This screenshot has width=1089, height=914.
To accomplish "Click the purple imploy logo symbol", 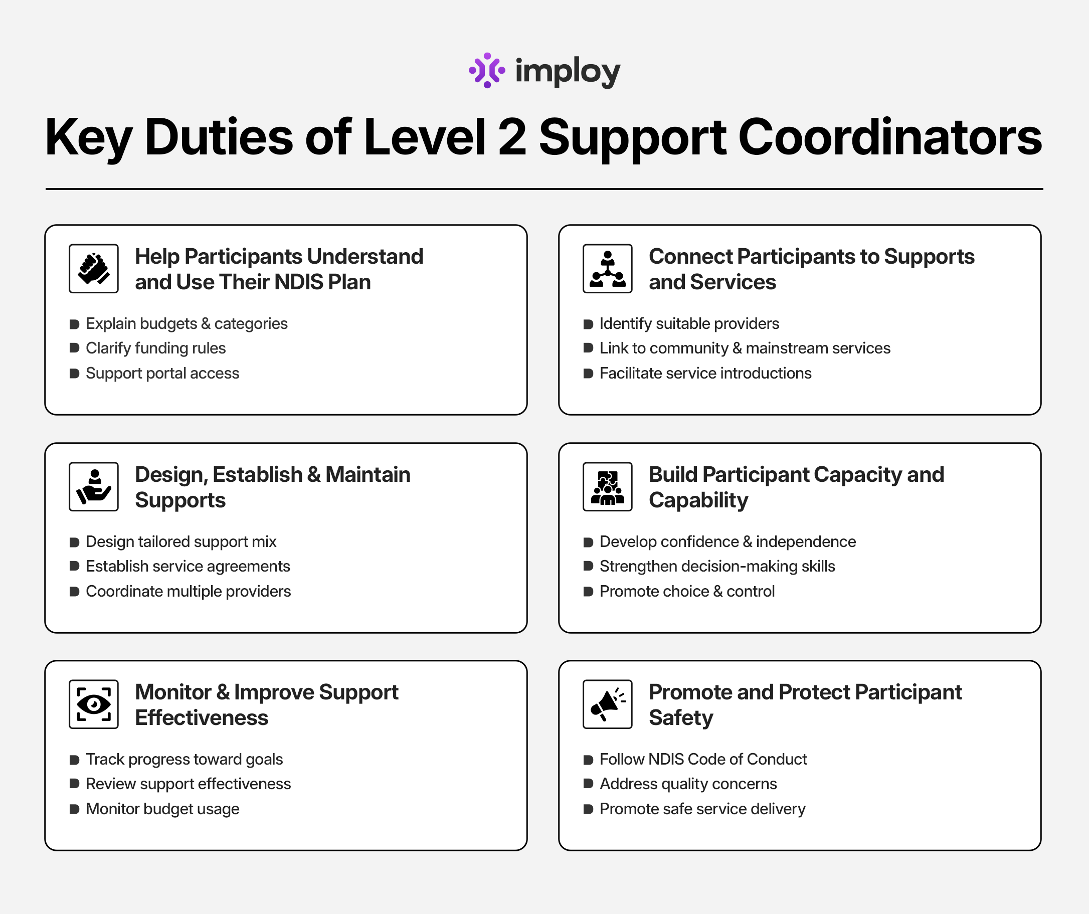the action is [x=486, y=71].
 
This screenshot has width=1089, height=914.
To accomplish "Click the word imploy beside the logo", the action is [x=568, y=72].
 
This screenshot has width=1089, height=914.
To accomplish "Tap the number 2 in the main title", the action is [x=512, y=137].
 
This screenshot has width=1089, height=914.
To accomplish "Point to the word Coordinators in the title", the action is [x=890, y=137].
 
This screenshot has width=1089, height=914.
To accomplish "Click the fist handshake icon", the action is [x=94, y=269].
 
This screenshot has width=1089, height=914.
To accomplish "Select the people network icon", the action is [x=607, y=269].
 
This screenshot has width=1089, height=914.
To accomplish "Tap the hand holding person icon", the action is [x=94, y=487].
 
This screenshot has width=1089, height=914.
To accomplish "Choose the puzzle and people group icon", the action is [x=607, y=487].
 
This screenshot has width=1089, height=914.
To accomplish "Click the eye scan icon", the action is [x=94, y=704].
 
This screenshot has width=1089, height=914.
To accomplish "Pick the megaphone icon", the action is [x=607, y=704].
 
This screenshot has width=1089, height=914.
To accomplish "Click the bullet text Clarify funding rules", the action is [x=155, y=348].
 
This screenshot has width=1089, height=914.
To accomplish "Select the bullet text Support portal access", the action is [x=162, y=374].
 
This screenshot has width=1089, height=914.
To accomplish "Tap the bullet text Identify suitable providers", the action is [x=689, y=323].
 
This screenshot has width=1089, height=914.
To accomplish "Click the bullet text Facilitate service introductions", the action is [x=705, y=374].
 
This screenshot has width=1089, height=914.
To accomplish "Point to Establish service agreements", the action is [x=188, y=566].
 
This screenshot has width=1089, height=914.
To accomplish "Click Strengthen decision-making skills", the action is [x=717, y=566].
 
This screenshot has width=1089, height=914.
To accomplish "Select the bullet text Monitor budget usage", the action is [x=162, y=809].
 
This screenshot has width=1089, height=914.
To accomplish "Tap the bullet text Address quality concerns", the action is [x=688, y=784].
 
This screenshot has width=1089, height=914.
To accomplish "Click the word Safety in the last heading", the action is [x=681, y=718].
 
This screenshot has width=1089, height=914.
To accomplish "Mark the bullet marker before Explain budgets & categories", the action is [x=74, y=324].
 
